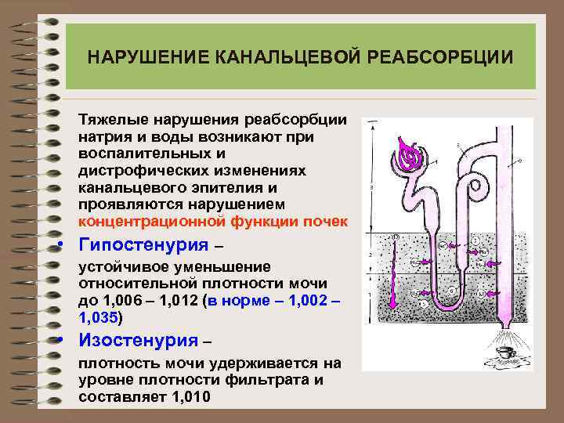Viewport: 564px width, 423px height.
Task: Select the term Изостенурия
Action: [x=137, y=341]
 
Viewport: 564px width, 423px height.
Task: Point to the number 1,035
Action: [x=98, y=317]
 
